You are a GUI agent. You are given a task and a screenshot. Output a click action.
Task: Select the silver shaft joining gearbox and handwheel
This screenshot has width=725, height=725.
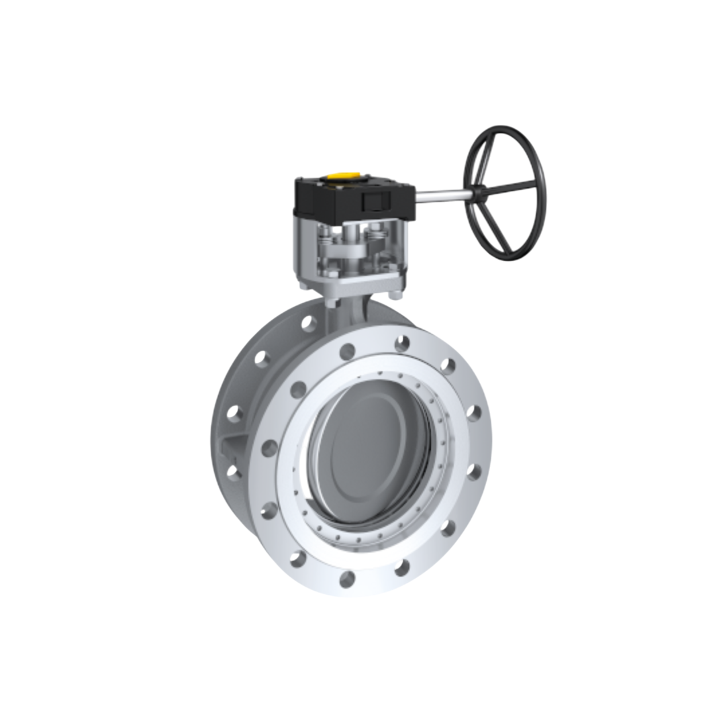[442, 195]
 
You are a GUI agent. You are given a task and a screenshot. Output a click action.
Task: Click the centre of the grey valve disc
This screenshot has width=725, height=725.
[369, 443]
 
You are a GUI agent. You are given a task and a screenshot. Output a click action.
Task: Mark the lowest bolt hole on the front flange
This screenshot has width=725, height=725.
[347, 579]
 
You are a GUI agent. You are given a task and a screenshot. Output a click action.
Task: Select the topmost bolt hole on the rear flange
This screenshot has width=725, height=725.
[309, 324]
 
